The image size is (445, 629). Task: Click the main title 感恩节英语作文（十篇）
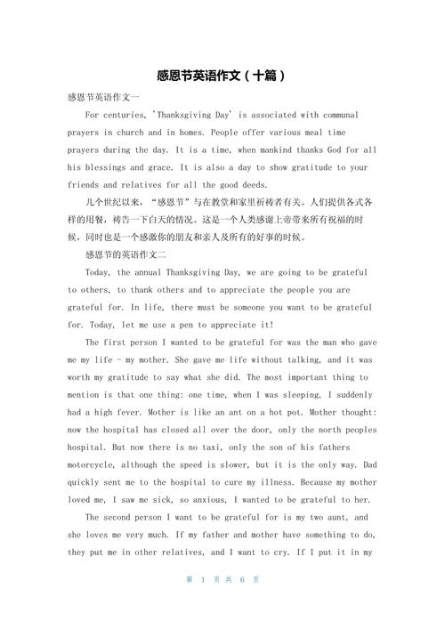click(222, 76)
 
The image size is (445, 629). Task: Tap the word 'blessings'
click(107, 167)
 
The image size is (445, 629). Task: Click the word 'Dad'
click(368, 464)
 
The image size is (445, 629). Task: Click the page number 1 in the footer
click(203, 604)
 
